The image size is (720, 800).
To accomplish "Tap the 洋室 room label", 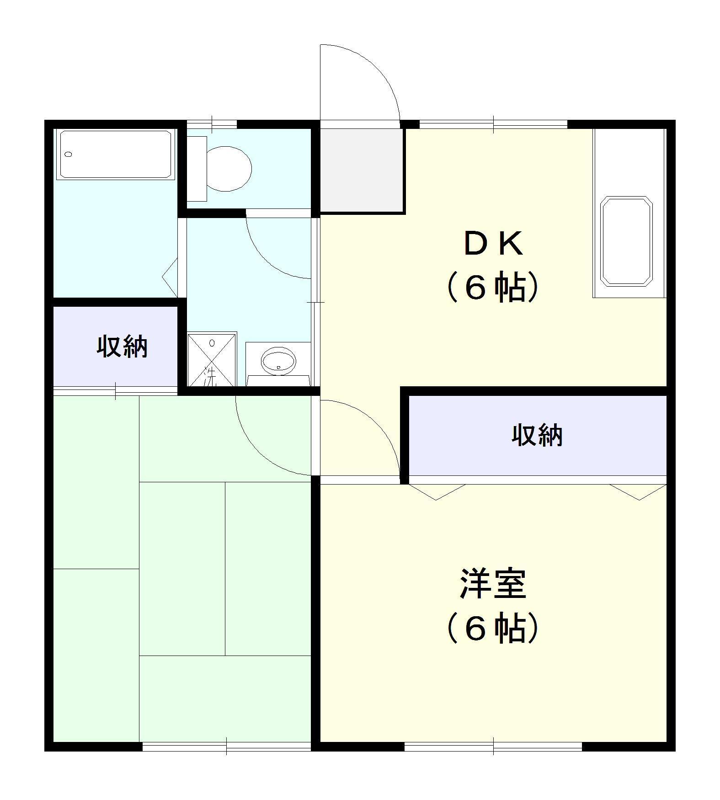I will (493, 584).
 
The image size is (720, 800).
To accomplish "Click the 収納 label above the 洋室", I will (537, 435).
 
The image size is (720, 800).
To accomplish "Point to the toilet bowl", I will (229, 169).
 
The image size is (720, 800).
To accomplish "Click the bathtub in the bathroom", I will (116, 155).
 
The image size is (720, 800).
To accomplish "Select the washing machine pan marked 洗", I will (212, 360).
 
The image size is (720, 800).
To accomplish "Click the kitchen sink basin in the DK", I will (626, 241).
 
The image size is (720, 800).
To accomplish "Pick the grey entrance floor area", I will (362, 171).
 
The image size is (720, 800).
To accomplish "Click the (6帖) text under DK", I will (493, 288).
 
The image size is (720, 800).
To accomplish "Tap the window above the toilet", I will (212, 123).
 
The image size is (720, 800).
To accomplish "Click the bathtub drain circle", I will (69, 154).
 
